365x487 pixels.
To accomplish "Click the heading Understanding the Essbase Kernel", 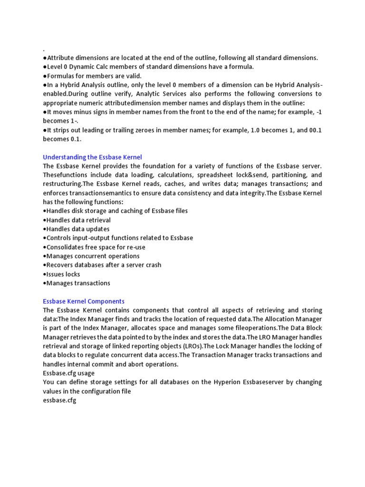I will [x=92, y=157].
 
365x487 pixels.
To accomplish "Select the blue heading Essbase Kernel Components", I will [x=84, y=301].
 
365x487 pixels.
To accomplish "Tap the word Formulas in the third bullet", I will [x=60, y=76].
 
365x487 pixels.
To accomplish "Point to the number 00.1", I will [x=313, y=130].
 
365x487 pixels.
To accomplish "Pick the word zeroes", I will [x=152, y=130].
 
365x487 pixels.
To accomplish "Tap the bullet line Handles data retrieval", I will [x=77, y=220].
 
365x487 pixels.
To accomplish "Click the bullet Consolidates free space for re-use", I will [x=94, y=247].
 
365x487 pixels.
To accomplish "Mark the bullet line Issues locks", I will [x=61, y=274].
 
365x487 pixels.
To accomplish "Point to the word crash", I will [x=152, y=265].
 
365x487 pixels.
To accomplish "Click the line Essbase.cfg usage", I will [x=68, y=373].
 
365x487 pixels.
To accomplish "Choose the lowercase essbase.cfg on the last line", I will [x=59, y=400].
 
